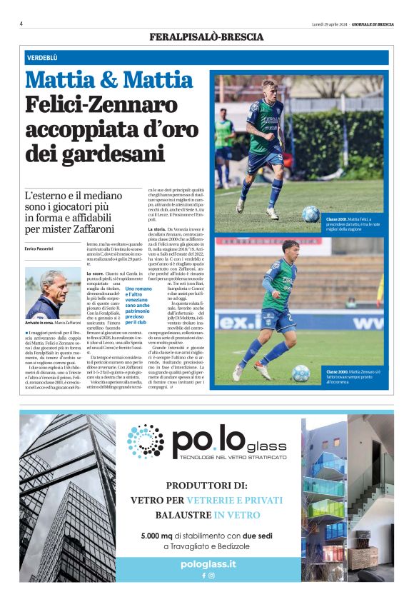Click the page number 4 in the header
tap(21, 24)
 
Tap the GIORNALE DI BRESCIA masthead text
tap(371, 24)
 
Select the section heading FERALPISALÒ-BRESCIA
tap(206, 36)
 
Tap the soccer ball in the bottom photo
tap(301, 372)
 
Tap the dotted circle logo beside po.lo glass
tap(146, 441)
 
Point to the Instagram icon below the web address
tap(212, 575)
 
